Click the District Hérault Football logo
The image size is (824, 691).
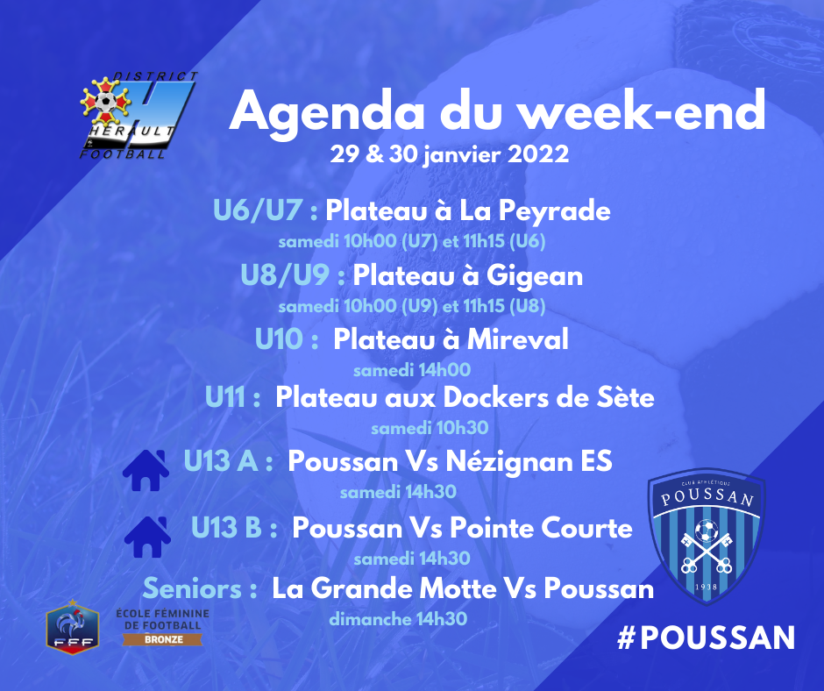point(139,115)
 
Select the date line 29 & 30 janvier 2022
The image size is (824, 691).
point(450,154)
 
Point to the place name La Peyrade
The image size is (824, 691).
point(535,211)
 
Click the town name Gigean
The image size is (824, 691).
point(535,276)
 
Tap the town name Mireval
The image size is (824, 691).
point(517,338)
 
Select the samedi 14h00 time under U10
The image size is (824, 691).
point(412,370)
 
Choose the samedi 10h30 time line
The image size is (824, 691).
point(430,428)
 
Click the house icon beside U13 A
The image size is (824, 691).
point(146,470)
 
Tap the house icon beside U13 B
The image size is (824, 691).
point(147,537)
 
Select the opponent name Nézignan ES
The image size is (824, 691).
point(529,461)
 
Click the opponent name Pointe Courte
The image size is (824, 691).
point(541,527)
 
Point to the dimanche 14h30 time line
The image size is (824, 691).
point(398,619)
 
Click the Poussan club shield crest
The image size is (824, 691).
point(707,536)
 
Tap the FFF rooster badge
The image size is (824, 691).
point(73,627)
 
